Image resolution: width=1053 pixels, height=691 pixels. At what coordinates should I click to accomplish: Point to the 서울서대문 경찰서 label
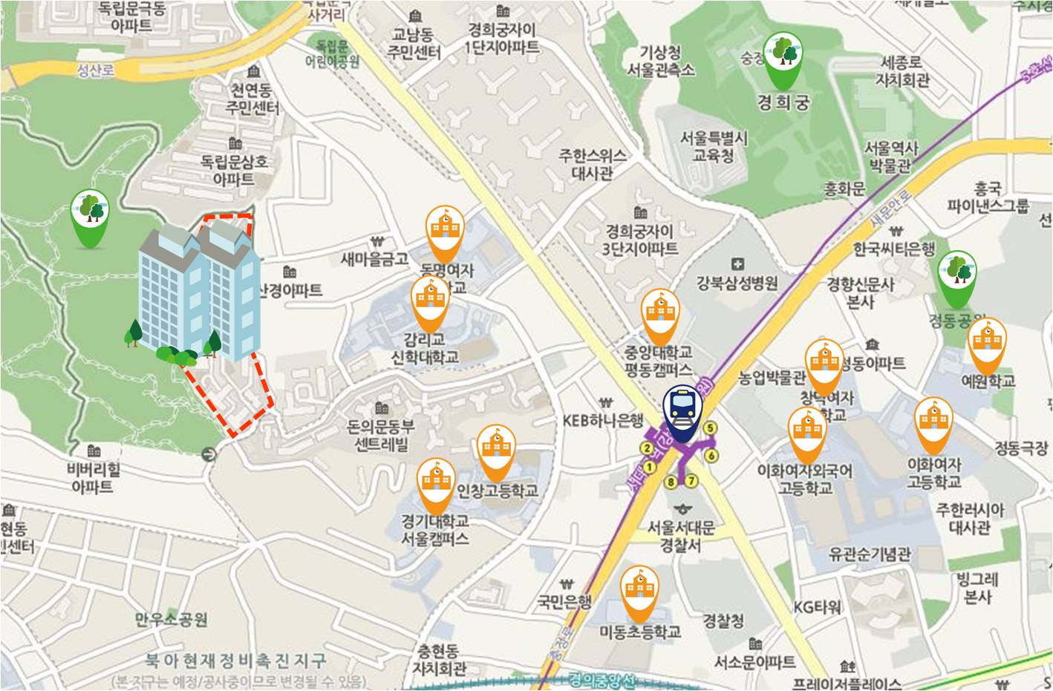point(680,536)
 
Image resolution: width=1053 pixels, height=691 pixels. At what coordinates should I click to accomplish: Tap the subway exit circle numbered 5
point(711,428)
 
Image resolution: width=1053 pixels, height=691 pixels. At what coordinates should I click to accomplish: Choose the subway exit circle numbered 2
point(647,448)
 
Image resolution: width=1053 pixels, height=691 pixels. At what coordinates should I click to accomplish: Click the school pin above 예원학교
point(988,343)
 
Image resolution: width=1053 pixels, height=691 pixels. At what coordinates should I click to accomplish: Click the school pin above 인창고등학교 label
point(495,450)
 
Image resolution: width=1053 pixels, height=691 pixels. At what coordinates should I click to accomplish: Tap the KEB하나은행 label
point(602,421)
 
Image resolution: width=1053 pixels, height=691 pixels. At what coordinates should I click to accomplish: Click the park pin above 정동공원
point(956,275)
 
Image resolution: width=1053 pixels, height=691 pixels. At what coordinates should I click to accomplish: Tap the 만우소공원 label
point(172,619)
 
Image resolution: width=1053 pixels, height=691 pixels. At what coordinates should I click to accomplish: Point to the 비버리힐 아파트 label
point(94,478)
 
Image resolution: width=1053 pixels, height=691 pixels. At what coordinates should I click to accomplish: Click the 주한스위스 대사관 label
point(593,165)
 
